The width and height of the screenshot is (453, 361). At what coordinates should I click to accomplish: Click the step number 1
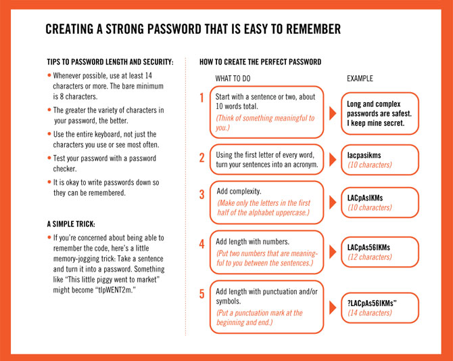(201, 98)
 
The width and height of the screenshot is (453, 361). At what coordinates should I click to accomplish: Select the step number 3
(201, 194)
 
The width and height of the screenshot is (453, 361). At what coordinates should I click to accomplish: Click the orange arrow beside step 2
(333, 161)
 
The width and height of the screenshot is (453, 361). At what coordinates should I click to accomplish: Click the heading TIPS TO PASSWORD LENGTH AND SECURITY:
(110, 62)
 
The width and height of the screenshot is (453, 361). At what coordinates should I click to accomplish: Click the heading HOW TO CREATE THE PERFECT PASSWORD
(260, 62)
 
